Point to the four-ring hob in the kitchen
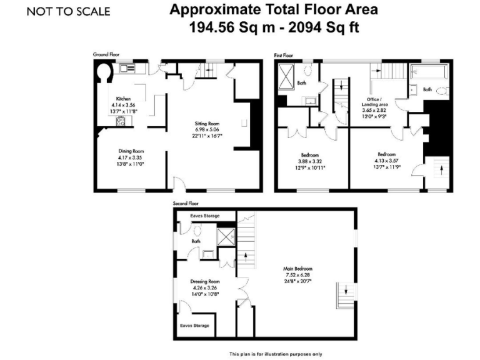pos(119,121)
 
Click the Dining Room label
pos(132,151)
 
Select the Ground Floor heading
pos(106,55)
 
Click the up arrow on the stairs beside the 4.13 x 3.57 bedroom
pos(437,169)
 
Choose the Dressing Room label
pos(205,281)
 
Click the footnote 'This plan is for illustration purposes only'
pos(275,353)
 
